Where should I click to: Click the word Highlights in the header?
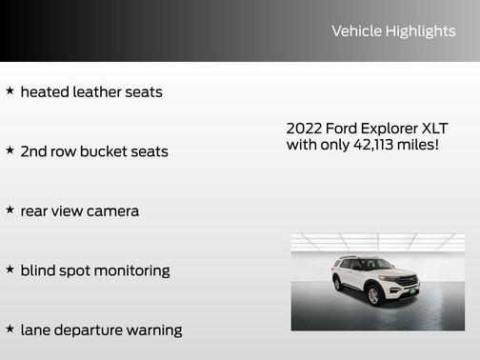pyautogui.click(x=420, y=31)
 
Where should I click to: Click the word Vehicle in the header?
pyautogui.click(x=355, y=31)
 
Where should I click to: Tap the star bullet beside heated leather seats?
pyautogui.click(x=10, y=91)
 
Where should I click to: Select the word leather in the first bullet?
pyautogui.click(x=102, y=92)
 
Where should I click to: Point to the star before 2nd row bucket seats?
pyautogui.click(x=10, y=150)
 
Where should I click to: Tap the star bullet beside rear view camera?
pyautogui.click(x=10, y=210)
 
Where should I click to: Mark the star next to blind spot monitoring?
pyautogui.click(x=10, y=270)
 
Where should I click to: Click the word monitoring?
pyautogui.click(x=128, y=270)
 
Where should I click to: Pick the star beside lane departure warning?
pyautogui.click(x=10, y=329)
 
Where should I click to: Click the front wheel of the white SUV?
pyautogui.click(x=374, y=296)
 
